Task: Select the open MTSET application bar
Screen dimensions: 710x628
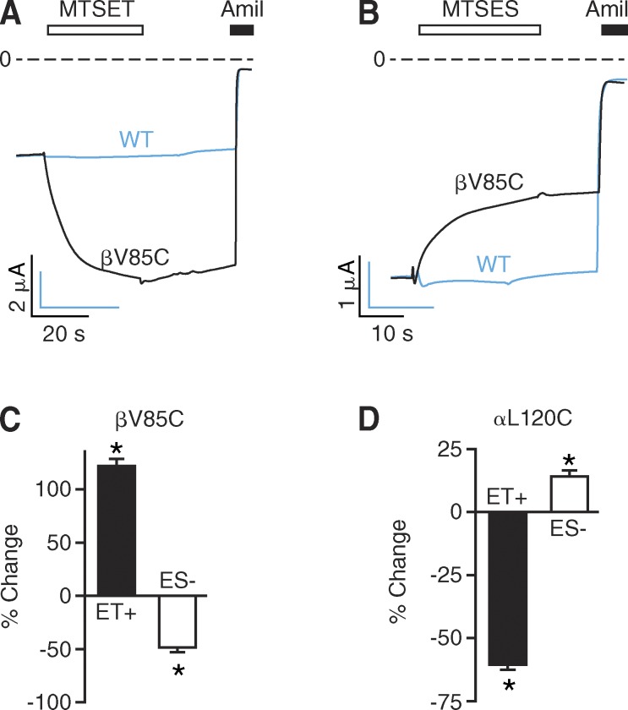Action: click(95, 30)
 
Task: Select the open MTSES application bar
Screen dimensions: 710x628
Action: click(479, 30)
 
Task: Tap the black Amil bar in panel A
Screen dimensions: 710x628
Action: click(242, 30)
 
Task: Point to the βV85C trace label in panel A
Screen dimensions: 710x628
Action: click(136, 252)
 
